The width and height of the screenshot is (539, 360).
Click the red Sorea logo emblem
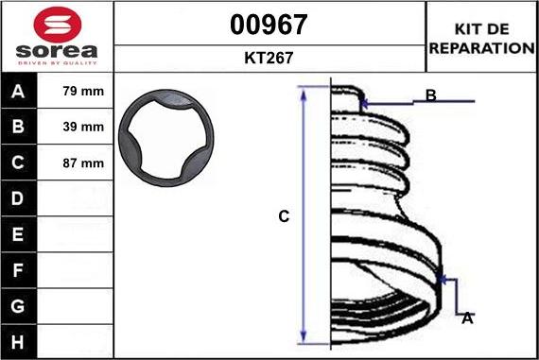[x=58, y=25]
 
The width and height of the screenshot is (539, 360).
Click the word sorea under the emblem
[x=57, y=51]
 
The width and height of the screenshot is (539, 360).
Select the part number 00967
[x=269, y=25]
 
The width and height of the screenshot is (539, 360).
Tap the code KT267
[x=269, y=58]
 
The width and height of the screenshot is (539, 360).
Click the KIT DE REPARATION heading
[x=482, y=39]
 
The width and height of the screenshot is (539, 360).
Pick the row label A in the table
[x=18, y=91]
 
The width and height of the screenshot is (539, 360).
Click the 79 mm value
[x=83, y=91]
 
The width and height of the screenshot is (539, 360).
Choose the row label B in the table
[x=18, y=127]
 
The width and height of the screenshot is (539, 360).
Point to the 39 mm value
[x=83, y=127]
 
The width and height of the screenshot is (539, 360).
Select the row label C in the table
[x=18, y=163]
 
